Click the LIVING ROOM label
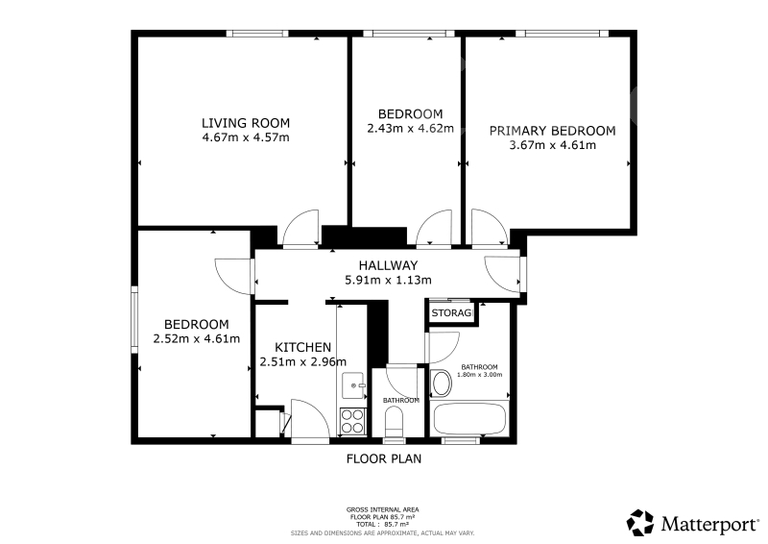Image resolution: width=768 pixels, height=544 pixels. point(246,123)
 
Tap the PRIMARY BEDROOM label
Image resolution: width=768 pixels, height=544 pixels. point(553,131)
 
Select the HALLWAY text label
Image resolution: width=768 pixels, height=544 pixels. point(388,265)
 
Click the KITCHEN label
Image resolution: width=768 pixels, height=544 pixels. point(302,347)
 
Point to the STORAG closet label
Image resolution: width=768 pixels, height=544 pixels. point(451,313)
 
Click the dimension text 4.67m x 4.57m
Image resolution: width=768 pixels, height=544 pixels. point(246,137)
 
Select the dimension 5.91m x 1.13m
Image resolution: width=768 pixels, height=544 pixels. point(388,280)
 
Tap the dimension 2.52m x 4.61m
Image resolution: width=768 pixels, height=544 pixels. point(197,338)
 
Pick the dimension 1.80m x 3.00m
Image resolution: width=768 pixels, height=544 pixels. point(479,375)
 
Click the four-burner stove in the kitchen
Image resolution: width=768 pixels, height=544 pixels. point(352,421)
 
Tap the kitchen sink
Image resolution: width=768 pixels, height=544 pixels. point(353,385)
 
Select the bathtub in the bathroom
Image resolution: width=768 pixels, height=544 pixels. point(469,418)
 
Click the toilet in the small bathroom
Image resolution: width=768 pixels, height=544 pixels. point(395,423)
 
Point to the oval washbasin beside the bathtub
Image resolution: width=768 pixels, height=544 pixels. point(442,383)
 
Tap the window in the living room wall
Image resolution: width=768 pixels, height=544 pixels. point(257,34)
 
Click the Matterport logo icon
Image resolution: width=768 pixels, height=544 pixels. point(640,523)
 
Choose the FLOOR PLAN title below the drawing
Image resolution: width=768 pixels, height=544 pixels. point(384,458)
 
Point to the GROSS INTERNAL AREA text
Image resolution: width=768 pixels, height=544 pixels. point(382,510)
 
